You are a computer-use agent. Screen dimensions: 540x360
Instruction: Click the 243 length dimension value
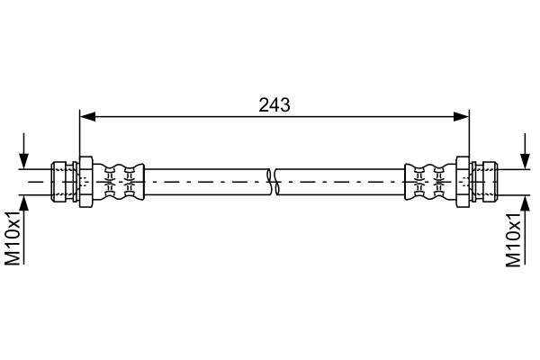(x=274, y=105)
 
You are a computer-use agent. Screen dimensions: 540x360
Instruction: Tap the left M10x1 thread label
(x=13, y=238)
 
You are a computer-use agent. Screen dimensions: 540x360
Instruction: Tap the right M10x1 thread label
(x=514, y=239)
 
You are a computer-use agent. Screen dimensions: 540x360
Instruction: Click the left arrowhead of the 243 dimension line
(x=87, y=117)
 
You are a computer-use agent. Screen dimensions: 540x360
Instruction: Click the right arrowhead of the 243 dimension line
(x=461, y=117)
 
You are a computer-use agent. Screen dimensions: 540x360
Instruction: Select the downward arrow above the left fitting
(x=23, y=151)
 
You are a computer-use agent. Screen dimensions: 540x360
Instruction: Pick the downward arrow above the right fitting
(x=525, y=151)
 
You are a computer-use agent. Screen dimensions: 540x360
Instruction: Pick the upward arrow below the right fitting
(x=525, y=230)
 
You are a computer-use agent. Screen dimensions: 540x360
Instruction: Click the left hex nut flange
(x=85, y=182)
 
